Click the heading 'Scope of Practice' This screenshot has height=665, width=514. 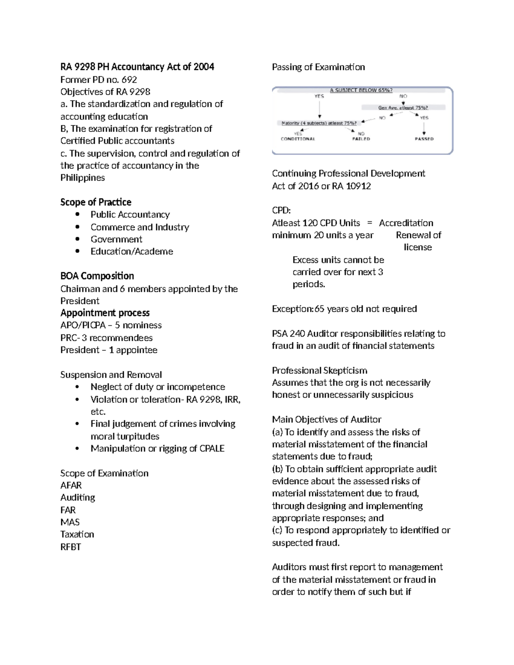tap(96, 202)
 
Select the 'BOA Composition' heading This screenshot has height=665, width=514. tap(97, 276)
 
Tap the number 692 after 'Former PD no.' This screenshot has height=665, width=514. tap(129, 80)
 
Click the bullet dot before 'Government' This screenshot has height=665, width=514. tap(77, 239)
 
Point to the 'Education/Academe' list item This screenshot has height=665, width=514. tap(131, 251)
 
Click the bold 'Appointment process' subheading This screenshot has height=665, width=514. tap(105, 313)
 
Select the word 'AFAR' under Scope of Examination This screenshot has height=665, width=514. tap(71, 485)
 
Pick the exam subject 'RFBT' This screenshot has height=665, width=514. tap(71, 547)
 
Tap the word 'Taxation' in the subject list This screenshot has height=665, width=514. tap(77, 534)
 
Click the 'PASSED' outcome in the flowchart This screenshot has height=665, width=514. tap(424, 139)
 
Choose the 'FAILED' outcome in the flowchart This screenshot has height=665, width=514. tap(361, 139)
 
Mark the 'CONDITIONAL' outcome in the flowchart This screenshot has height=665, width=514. tap(298, 139)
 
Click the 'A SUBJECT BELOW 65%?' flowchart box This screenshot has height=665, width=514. tap(361, 90)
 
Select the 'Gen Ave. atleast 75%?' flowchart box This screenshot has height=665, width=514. tap(403, 108)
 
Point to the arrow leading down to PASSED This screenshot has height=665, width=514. tap(424, 128)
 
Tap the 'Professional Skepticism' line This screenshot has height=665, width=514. tap(320, 370)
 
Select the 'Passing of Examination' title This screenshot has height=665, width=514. tap(318, 67)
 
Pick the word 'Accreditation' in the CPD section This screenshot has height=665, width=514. tap(406, 223)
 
